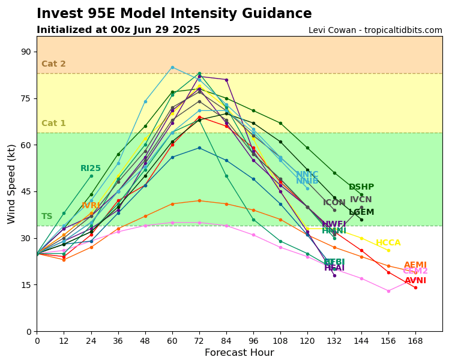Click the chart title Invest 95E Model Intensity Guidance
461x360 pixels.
[174, 14]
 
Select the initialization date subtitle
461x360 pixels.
[118, 30]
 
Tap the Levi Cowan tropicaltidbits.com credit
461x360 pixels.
[375, 31]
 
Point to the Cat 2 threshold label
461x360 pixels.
[53, 64]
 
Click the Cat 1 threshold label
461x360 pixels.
[53, 124]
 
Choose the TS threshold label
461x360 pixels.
[47, 217]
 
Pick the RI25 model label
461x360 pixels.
[91, 169]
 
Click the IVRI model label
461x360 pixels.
[91, 206]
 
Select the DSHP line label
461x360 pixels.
[361, 187]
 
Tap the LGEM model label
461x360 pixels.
[361, 212]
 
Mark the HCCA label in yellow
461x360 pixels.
[388, 243]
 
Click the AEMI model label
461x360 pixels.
[415, 265]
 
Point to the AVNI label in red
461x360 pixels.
[415, 281]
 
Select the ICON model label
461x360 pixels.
[334, 203]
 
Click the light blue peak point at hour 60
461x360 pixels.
[172, 67]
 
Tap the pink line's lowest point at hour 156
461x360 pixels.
[388, 291]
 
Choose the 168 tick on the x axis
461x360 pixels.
[415, 341]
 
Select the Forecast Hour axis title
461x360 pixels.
[239, 353]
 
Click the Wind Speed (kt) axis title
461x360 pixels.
[12, 184]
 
